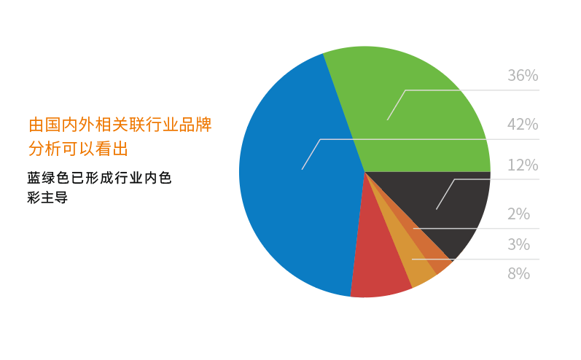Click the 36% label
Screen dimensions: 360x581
pos(523,76)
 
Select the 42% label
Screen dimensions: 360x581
pos(523,125)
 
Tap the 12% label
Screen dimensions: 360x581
pos(523,165)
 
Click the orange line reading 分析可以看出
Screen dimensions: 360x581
pos(78,149)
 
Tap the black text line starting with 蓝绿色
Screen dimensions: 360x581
pos(99,178)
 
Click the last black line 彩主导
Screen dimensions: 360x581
pos(47,197)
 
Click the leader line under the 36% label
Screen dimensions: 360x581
pos(474,90)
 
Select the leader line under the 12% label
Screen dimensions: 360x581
pos(496,179)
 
